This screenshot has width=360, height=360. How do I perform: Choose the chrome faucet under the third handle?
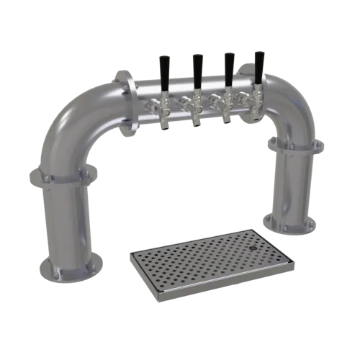[x=227, y=108]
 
